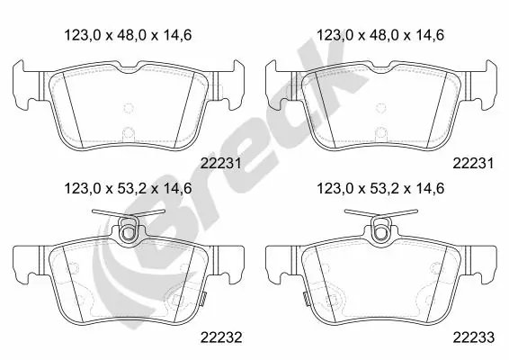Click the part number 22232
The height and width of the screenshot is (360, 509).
click(x=221, y=337)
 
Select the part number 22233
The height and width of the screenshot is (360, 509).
click(x=474, y=337)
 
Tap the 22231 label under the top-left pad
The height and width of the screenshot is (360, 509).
click(x=221, y=164)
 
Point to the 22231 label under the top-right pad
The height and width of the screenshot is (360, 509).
click(x=474, y=164)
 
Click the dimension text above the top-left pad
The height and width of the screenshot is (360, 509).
click(x=128, y=35)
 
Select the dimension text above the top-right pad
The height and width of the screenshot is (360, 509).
click(x=380, y=35)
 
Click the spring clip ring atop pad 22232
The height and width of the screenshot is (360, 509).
click(x=129, y=230)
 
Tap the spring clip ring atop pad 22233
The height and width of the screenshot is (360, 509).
click(x=381, y=230)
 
